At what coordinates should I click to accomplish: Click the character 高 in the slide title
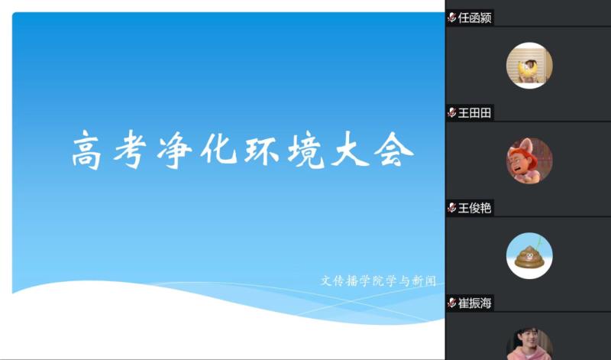point(86,150)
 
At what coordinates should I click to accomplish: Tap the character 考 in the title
point(130,150)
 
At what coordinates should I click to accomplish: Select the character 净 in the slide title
point(174,150)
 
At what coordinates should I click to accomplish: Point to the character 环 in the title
point(261,150)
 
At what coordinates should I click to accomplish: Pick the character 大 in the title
point(350,150)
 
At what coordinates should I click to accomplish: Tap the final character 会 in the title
point(393,150)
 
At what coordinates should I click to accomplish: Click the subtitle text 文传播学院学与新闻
point(378,281)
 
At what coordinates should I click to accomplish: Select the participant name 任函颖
point(474,18)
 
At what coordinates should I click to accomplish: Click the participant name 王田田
point(474,113)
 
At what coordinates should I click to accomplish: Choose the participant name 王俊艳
point(474,208)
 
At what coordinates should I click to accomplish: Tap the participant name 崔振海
point(474,303)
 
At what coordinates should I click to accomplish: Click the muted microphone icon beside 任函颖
point(452,18)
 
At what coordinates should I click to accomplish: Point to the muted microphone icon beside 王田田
point(452,113)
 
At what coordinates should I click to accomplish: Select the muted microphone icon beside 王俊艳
point(452,208)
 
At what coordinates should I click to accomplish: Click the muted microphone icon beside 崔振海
point(452,303)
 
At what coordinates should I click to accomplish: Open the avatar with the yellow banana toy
point(529,66)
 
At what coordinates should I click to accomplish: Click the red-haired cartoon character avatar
point(529,161)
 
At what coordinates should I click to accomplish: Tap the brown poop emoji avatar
point(529,255)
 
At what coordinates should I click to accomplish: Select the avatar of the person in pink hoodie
point(529,344)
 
